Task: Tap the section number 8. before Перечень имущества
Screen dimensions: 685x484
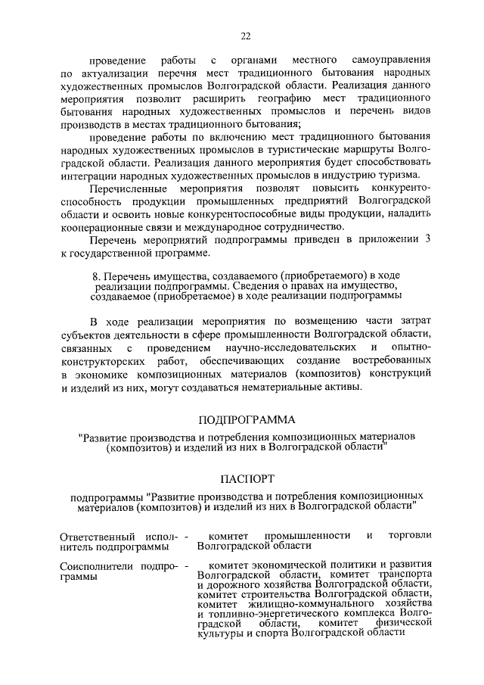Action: click(x=94, y=279)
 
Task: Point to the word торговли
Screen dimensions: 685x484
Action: click(x=409, y=535)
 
